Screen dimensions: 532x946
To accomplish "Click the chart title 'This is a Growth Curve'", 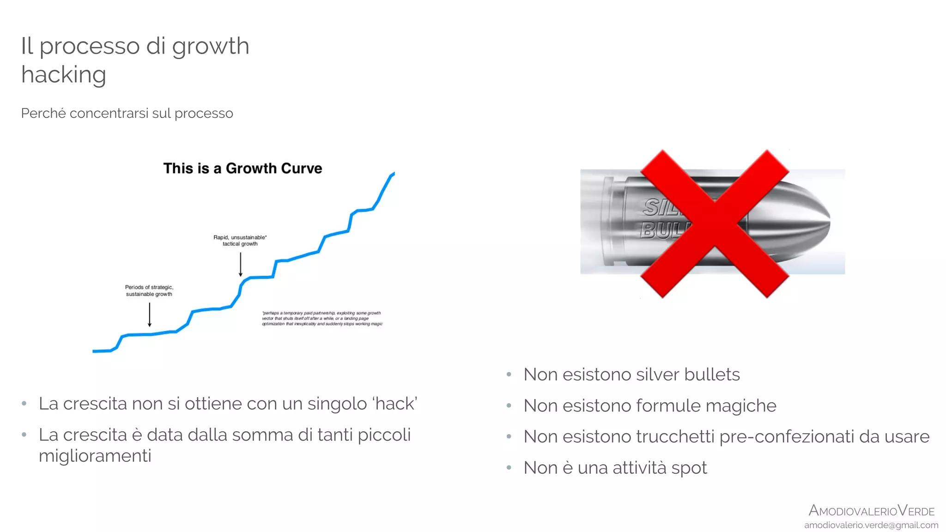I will point(243,169).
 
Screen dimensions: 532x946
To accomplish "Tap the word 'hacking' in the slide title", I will point(64,75).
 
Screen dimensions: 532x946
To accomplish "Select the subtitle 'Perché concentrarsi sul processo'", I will point(127,113).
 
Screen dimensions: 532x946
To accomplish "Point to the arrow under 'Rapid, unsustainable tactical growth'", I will point(241,264).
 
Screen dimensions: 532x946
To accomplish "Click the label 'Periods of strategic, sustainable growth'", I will point(149,290).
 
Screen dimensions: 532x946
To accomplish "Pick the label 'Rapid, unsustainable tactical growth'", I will point(240,241).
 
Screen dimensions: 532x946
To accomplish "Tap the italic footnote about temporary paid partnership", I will point(322,318).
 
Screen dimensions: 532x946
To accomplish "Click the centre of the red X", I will point(714,224).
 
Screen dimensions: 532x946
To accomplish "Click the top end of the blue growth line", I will point(393,174).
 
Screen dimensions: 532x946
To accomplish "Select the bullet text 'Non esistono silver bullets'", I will point(631,375).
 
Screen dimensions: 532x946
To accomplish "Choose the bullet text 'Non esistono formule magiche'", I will point(649,405).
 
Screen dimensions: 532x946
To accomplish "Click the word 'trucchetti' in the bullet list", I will point(675,436).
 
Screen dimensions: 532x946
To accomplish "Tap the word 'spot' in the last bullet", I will point(689,468).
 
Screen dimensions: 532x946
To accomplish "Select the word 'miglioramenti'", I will point(95,456).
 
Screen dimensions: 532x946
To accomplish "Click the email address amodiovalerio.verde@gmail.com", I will point(871,525).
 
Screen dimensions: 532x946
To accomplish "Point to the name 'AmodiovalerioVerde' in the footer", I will point(871,511).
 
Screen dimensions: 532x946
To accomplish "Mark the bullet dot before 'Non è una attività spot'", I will point(509,468).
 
